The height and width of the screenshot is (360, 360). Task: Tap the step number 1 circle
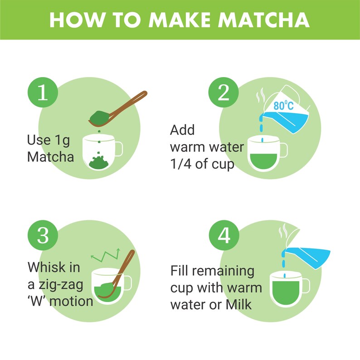point(42,93)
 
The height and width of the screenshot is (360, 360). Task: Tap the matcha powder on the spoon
point(98,117)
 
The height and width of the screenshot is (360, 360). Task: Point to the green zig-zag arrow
point(106,256)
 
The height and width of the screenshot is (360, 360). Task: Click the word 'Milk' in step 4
point(237,304)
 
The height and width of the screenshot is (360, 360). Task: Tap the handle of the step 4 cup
point(305,285)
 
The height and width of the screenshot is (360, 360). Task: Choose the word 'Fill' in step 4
point(180,271)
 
